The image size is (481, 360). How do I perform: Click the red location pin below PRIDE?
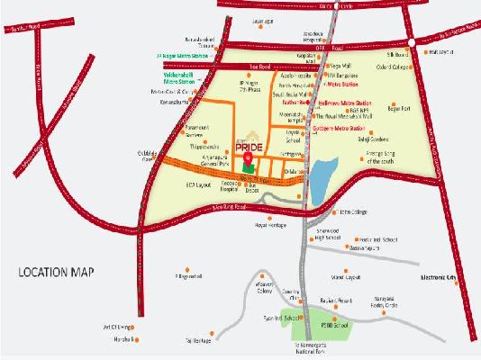click(247, 161)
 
